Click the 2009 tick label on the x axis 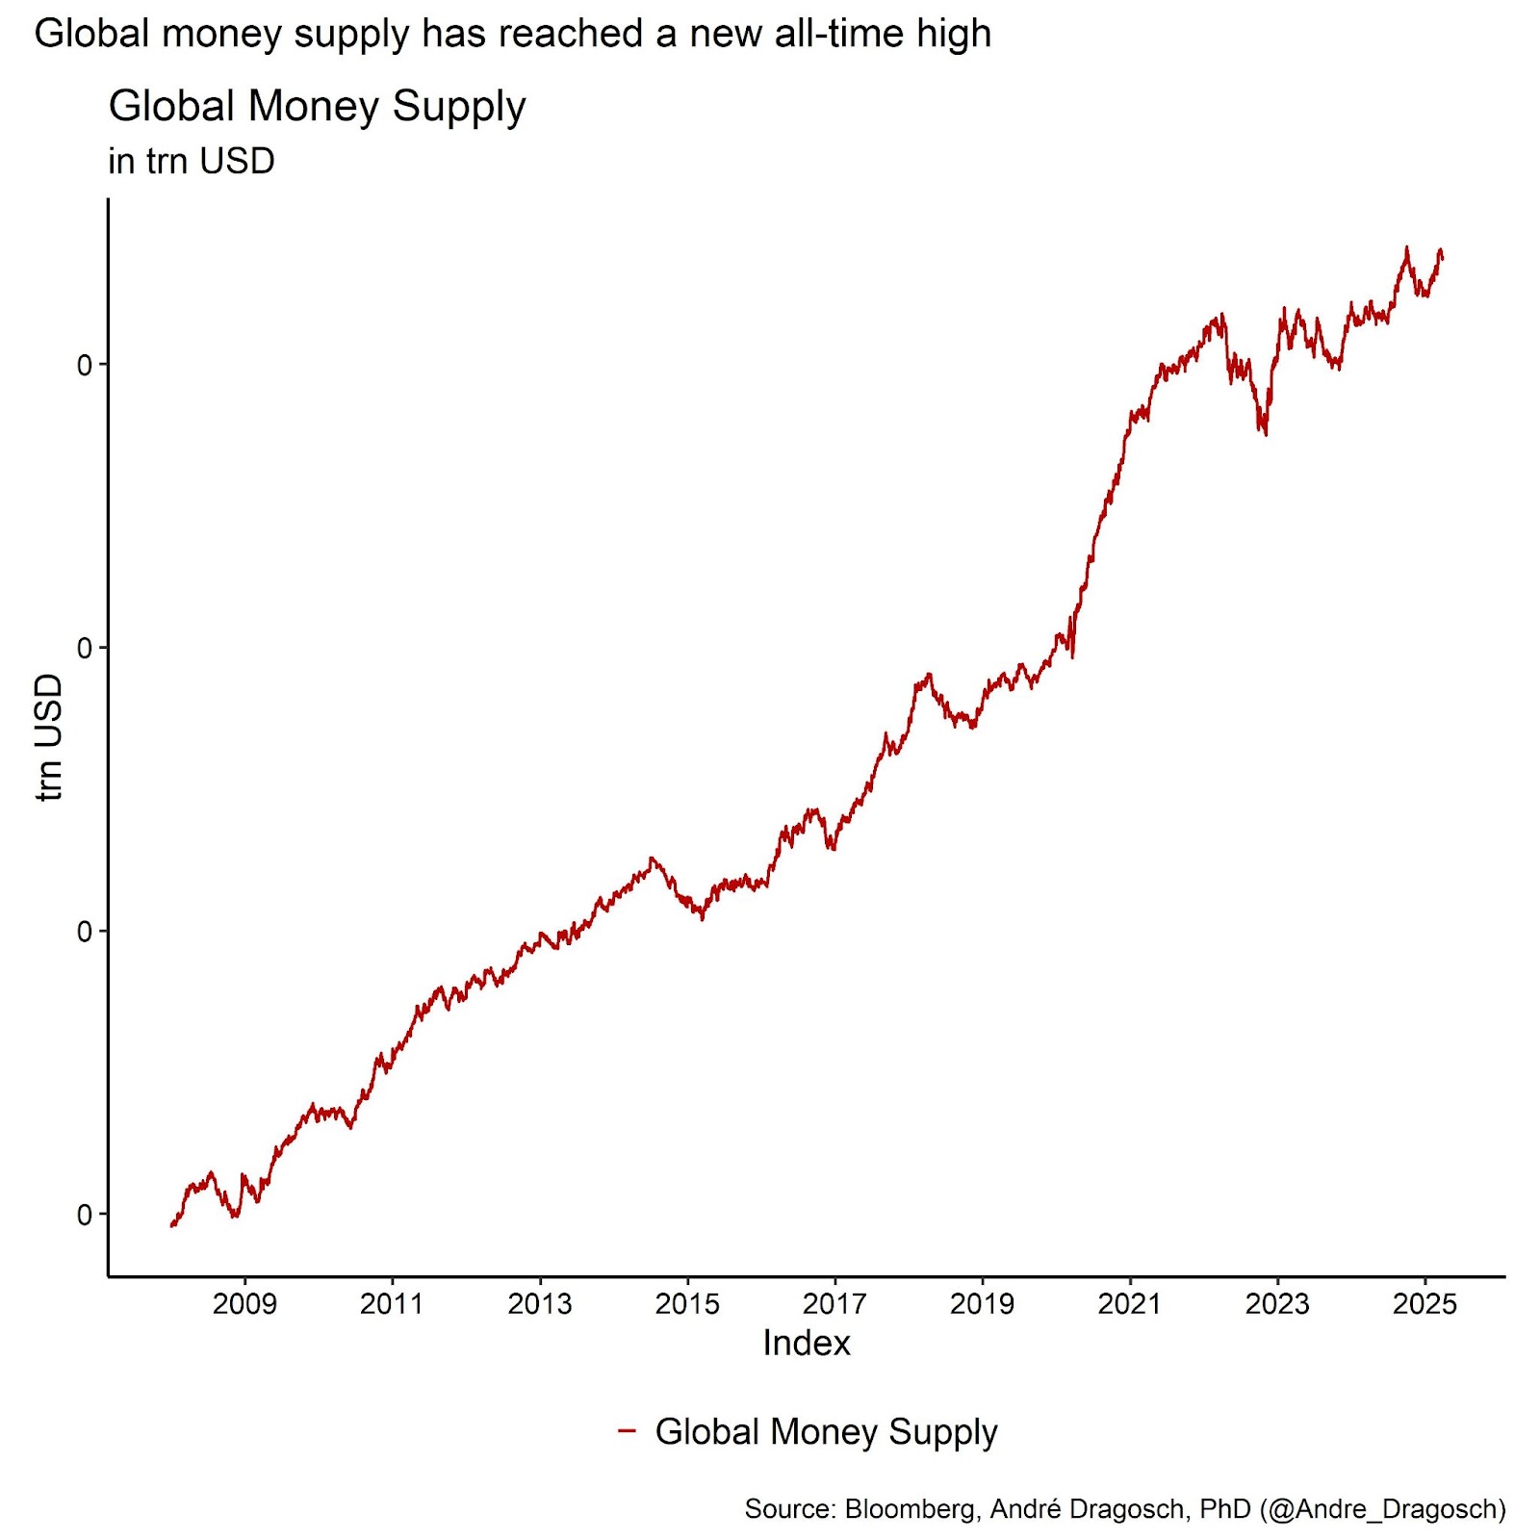244,1303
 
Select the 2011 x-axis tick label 392,1303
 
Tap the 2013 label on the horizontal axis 539,1303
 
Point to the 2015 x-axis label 687,1303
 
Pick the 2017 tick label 834,1303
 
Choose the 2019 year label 982,1303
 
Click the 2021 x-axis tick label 1130,1303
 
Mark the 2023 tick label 1277,1303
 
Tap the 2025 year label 1424,1303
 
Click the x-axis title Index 807,1343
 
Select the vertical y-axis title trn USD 48,736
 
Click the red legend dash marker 627,1430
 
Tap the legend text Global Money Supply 826,1432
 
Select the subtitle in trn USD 192,161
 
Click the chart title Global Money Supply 317,106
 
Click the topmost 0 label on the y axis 85,365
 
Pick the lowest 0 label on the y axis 85,1215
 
